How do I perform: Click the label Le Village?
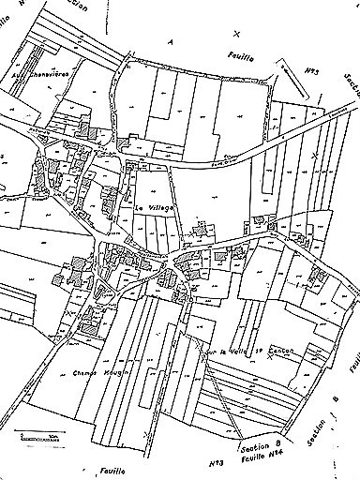(x=155, y=208)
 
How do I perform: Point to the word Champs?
(x=85, y=372)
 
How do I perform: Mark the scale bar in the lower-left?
(x=37, y=436)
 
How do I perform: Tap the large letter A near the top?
(x=170, y=41)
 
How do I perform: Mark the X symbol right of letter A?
(x=235, y=31)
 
